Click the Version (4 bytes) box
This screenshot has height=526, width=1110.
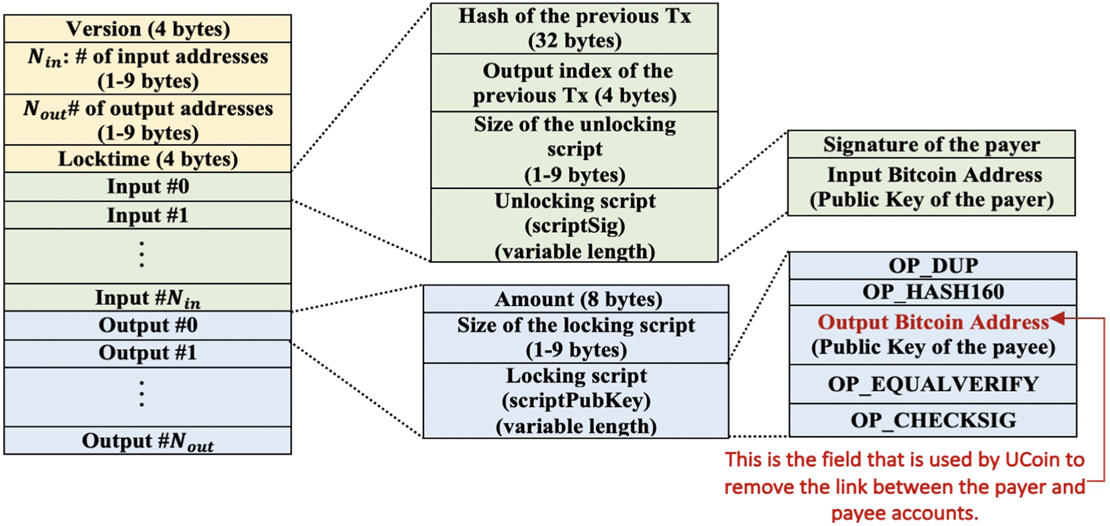pyautogui.click(x=147, y=29)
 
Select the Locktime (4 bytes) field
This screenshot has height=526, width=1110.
pyautogui.click(x=147, y=159)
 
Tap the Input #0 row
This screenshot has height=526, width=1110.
pyautogui.click(x=147, y=187)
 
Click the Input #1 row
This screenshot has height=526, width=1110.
pyautogui.click(x=147, y=215)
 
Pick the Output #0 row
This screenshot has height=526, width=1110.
pyautogui.click(x=147, y=325)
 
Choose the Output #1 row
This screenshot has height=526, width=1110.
pyautogui.click(x=147, y=353)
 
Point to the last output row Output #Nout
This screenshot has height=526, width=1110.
pyautogui.click(x=147, y=441)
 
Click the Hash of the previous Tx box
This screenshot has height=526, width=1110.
pyautogui.click(x=574, y=28)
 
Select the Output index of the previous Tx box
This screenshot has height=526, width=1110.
pyautogui.click(x=574, y=83)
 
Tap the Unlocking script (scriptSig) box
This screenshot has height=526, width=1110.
pyautogui.click(x=574, y=226)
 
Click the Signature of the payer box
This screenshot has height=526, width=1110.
pyautogui.click(x=931, y=145)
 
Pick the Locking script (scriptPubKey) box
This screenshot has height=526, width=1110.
pyautogui.click(x=575, y=401)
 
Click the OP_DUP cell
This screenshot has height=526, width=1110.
pyautogui.click(x=932, y=265)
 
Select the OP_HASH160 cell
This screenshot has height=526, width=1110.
pyautogui.click(x=932, y=292)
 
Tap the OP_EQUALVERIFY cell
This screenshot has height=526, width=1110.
pyautogui.click(x=932, y=384)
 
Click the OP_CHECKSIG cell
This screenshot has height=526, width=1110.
pyautogui.click(x=932, y=420)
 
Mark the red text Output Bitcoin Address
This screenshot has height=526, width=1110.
pyautogui.click(x=933, y=322)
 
